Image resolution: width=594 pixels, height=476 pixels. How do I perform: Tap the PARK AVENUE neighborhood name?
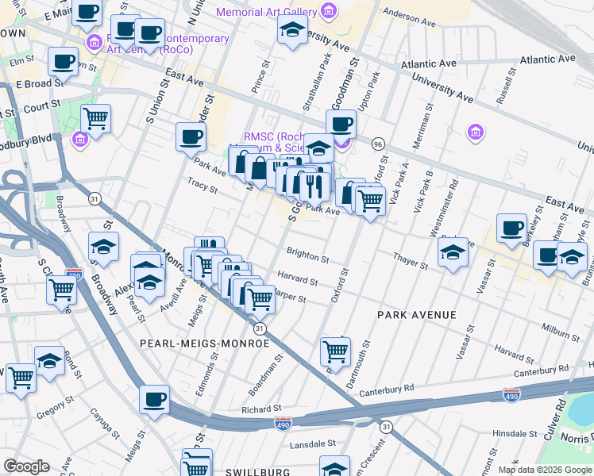click(416, 315)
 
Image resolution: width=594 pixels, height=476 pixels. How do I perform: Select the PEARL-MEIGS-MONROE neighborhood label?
click(204, 344)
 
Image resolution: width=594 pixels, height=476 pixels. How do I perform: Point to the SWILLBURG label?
click(253, 472)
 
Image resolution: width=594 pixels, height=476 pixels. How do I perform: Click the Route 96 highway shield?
click(378, 144)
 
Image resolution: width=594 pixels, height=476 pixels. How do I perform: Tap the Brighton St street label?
click(309, 258)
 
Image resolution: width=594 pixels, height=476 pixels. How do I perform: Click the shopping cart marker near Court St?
click(95, 118)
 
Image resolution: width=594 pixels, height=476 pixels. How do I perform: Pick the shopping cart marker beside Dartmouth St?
click(335, 350)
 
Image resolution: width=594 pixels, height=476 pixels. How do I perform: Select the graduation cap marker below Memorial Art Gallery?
click(292, 32)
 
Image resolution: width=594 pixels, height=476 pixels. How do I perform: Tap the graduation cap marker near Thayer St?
click(453, 253)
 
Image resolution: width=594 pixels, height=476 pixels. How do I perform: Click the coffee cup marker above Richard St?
click(154, 399)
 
